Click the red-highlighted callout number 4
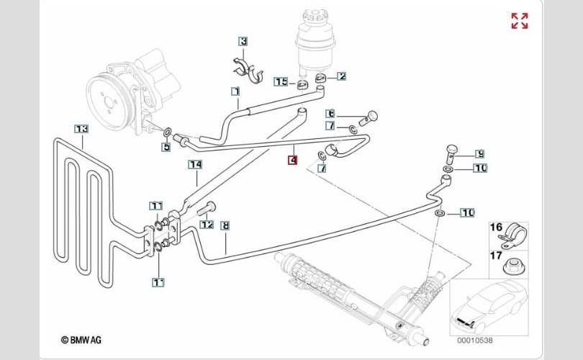pos(293,161)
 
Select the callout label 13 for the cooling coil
pos(81,129)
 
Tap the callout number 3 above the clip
pos(243,41)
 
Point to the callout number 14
pos(195,164)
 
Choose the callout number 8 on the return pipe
pos(225,225)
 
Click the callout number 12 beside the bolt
pos(207,224)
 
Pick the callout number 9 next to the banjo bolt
pos(480,153)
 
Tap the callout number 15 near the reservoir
pos(281,81)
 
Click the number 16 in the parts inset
pos(497,227)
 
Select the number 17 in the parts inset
pos(497,256)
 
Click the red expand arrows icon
pos(520,21)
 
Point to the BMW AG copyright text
pos(81,340)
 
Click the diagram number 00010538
pos(475,340)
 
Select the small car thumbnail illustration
pos(489,305)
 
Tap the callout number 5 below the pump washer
pos(166,147)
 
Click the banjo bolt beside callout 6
pos(369,117)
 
